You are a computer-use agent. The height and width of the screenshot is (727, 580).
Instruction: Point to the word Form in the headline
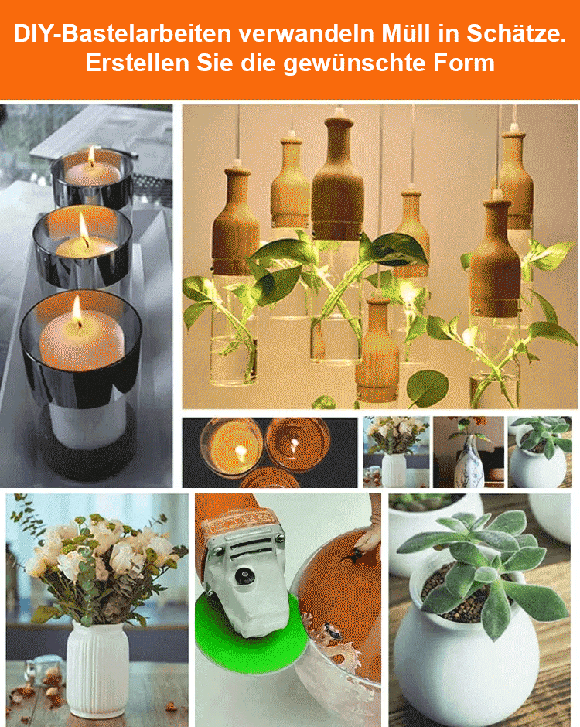pyautogui.click(x=466, y=63)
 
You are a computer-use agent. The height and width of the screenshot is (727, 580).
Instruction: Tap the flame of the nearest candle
pyautogui.click(x=77, y=311)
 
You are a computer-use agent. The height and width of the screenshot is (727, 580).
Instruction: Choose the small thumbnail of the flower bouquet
pyautogui.click(x=395, y=452)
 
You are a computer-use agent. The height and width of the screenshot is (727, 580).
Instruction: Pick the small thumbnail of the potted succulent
pyautogui.click(x=539, y=452)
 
